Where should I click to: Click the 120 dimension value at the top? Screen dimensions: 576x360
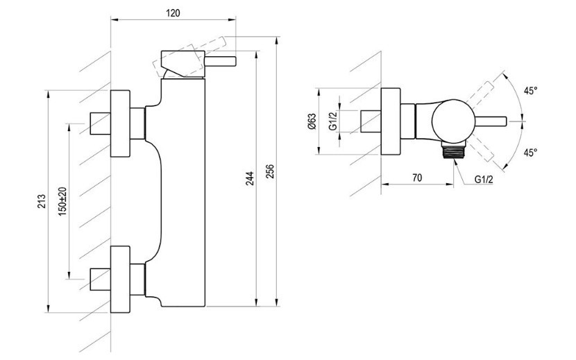pos(173,13)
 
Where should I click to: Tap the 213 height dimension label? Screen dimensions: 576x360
pos(42,201)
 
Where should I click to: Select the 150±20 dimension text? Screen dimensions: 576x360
pos(62,201)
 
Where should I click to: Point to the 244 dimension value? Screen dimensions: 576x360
pos(250,178)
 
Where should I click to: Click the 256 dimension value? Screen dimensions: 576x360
pos(270,171)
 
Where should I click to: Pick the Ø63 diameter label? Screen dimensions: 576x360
pos(312,121)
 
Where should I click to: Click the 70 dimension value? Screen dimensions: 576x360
pos(417,178)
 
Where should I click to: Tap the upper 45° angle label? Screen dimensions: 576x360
pos(530,91)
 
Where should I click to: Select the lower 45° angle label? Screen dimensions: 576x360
pos(530,152)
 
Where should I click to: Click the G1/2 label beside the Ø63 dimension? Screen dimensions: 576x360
pos(333,121)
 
